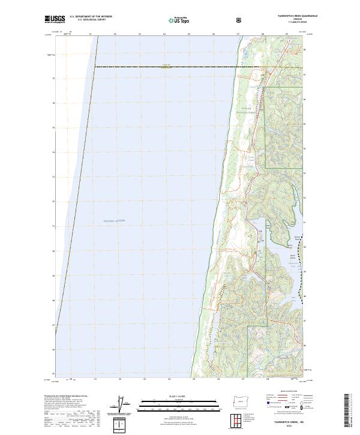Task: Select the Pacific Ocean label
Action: point(115,221)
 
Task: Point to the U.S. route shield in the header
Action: point(239,19)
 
